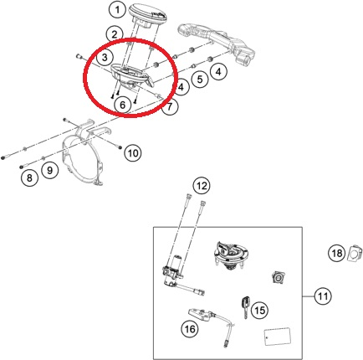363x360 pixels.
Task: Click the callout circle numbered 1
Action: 119,10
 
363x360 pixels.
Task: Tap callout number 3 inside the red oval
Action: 104,58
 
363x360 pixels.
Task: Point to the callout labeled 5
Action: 200,81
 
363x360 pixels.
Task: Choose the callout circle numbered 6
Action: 123,105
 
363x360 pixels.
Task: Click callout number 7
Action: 171,108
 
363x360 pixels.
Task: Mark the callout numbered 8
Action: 30,177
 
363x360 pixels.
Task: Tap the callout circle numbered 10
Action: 134,152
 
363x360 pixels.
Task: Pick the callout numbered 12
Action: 200,185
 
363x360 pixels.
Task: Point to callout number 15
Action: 258,311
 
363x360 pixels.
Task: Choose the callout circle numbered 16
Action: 190,329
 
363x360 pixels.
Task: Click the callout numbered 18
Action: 335,252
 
